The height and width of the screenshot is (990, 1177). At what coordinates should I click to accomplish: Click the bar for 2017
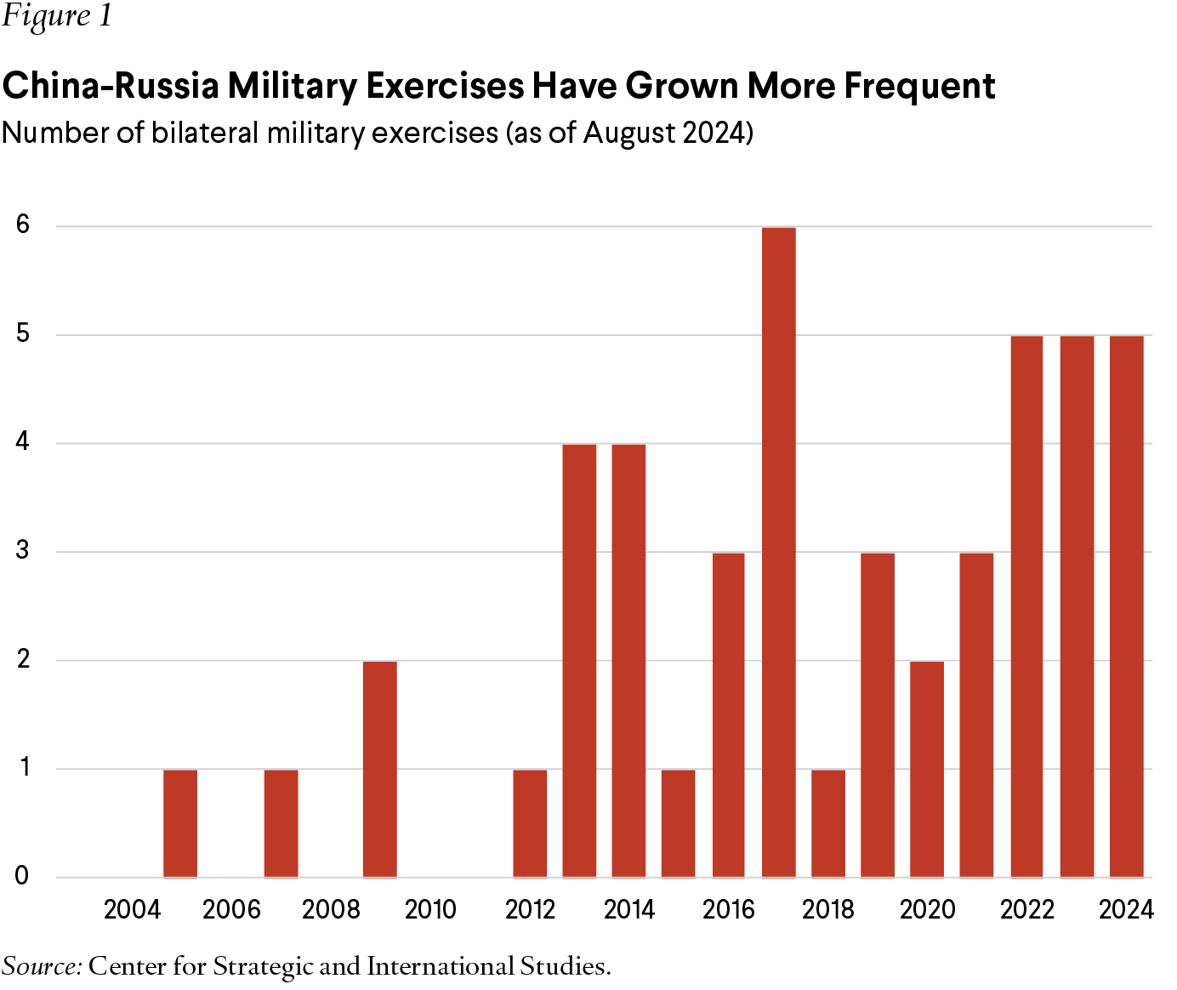pyautogui.click(x=778, y=552)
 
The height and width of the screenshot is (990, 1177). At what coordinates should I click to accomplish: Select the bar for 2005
pyautogui.click(x=180, y=822)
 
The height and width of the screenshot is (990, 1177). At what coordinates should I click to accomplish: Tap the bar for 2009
pyautogui.click(x=379, y=769)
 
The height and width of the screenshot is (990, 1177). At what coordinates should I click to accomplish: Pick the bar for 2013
pyautogui.click(x=579, y=660)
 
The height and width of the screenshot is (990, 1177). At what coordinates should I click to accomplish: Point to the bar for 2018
pyautogui.click(x=827, y=822)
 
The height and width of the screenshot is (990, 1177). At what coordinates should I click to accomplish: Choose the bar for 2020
pyautogui.click(x=927, y=769)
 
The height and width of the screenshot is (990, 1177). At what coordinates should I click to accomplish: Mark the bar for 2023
pyautogui.click(x=1077, y=606)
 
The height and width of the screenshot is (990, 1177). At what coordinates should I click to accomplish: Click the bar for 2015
pyautogui.click(x=678, y=822)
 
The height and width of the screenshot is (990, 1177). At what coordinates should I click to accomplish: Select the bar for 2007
pyautogui.click(x=281, y=822)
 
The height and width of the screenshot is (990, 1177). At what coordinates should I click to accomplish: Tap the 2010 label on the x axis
pyautogui.click(x=430, y=909)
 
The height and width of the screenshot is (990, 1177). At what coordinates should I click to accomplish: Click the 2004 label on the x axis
pyautogui.click(x=132, y=909)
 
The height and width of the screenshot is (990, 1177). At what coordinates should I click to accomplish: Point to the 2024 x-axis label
pyautogui.click(x=1126, y=909)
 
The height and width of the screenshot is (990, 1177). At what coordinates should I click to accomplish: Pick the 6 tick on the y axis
pyautogui.click(x=23, y=225)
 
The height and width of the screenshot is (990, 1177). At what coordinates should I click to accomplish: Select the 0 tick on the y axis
pyautogui.click(x=23, y=876)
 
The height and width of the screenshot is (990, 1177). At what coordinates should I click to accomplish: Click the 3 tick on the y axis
pyautogui.click(x=23, y=550)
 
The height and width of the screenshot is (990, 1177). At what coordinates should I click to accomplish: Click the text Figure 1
pyautogui.click(x=56, y=17)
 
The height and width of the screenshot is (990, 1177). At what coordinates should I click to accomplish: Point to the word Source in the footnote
pyautogui.click(x=42, y=966)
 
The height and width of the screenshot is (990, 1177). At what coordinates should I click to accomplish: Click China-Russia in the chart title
pyautogui.click(x=110, y=86)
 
